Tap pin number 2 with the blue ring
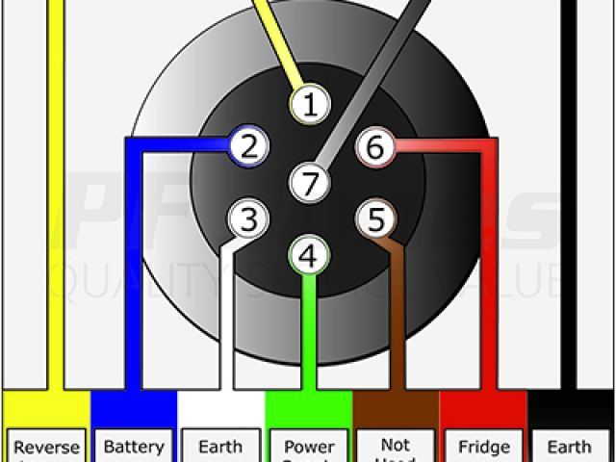[x=248, y=146]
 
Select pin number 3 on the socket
[x=248, y=219]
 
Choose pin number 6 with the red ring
[x=375, y=147]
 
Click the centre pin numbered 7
[x=308, y=182]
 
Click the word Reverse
[x=46, y=448]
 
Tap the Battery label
[x=134, y=448]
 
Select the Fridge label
[x=484, y=448]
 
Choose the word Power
[x=309, y=448]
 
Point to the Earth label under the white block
[x=221, y=448]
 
